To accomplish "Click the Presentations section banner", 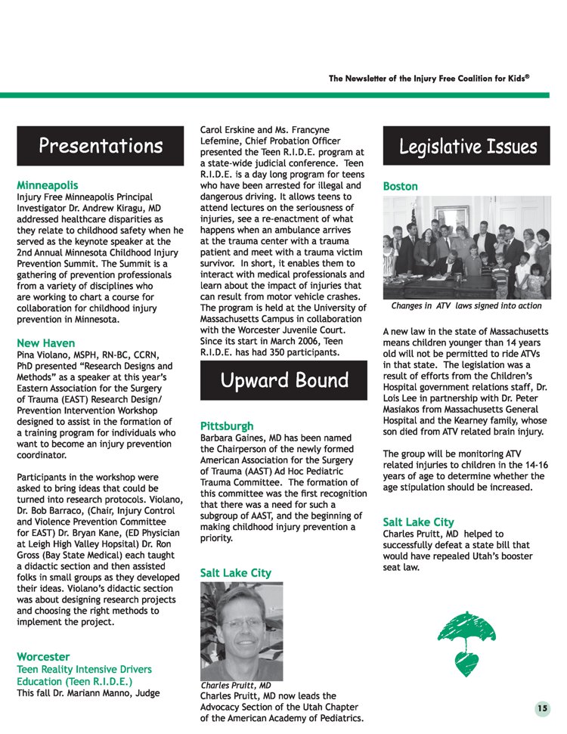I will [101, 146].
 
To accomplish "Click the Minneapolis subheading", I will [47, 184].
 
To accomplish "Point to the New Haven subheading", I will [45, 342].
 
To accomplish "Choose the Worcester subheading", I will [43, 656].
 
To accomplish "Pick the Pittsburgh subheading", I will [227, 426].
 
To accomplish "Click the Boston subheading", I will [400, 186].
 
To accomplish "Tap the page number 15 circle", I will [542, 708].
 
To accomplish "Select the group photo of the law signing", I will [466, 248].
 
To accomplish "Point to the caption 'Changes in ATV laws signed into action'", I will [466, 306].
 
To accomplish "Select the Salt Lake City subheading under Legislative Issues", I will [418, 522].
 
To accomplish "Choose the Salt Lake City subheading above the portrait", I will [235, 573].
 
